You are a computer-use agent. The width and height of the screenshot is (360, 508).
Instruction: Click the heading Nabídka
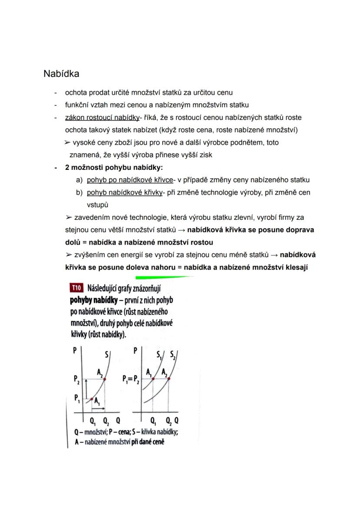point(61,74)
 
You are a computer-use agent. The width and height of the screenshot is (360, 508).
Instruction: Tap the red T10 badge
point(77,288)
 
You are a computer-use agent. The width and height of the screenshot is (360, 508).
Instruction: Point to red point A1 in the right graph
point(153,379)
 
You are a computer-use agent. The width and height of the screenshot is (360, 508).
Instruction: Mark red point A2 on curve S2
point(168,379)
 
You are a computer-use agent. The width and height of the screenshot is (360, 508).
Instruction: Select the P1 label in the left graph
point(77,398)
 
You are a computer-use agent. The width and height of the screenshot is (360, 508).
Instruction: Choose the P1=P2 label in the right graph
point(131,379)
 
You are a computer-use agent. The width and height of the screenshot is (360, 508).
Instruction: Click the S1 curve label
point(159,355)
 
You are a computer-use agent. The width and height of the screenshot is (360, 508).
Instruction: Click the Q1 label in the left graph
point(93,421)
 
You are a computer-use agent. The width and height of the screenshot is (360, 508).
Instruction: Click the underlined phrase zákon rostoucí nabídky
point(102,117)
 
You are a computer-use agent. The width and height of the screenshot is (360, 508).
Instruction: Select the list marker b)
point(79,192)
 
